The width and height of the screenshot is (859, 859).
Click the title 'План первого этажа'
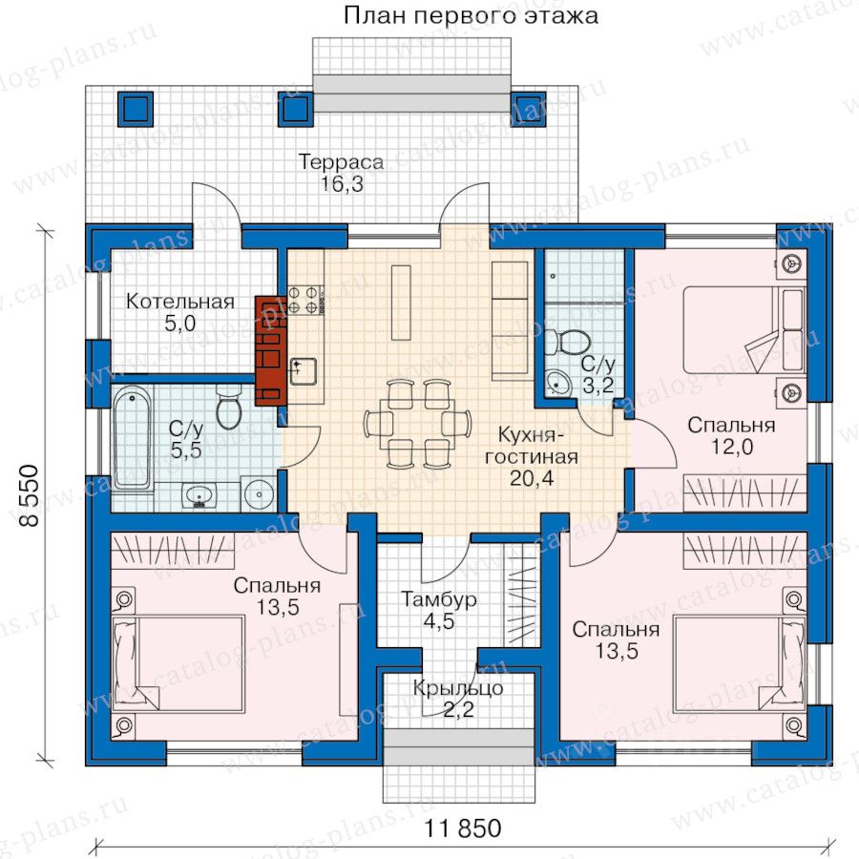tap(471, 15)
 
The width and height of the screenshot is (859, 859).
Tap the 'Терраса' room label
tap(341, 162)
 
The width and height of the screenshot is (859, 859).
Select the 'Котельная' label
tap(180, 302)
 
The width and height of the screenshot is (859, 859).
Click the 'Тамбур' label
tap(438, 598)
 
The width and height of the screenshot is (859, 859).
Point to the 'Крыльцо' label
tap(458, 688)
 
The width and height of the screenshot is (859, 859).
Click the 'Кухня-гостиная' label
tap(531, 446)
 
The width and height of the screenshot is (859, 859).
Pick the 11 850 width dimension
tap(463, 828)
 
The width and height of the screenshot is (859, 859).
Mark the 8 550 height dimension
tap(30, 495)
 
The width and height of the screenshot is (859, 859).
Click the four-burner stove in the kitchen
tap(304, 300)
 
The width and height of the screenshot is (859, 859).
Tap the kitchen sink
tap(303, 371)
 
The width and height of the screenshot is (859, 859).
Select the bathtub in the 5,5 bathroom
tap(132, 437)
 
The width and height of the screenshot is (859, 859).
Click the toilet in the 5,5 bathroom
tap(228, 407)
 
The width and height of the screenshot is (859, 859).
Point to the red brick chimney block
tap(271, 350)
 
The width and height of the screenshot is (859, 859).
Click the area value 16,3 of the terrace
tap(342, 184)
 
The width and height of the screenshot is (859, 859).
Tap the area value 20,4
tap(532, 478)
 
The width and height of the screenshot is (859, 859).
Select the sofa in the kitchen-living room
tap(513, 321)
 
